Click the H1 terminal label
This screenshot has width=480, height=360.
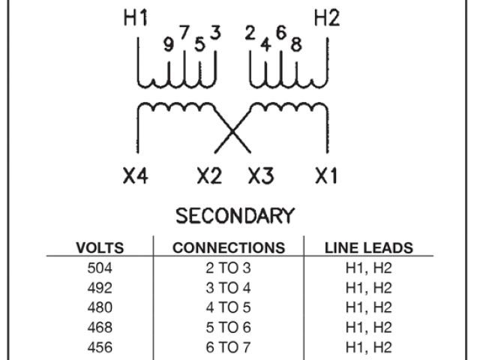(x=136, y=20)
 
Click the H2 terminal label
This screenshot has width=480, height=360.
(x=327, y=20)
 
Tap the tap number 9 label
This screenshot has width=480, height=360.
(x=169, y=44)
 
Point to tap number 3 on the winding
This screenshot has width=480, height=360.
(x=215, y=33)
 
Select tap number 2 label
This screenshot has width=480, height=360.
(x=250, y=33)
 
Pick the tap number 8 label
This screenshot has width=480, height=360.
(x=295, y=44)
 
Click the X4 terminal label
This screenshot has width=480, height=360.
(x=136, y=177)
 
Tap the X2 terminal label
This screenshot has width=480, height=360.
(x=211, y=177)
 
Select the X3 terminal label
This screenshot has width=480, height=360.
(x=260, y=177)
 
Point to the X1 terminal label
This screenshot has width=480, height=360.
(x=327, y=177)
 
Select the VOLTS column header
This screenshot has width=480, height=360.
(x=100, y=248)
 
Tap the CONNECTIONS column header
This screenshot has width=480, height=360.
(x=228, y=248)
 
